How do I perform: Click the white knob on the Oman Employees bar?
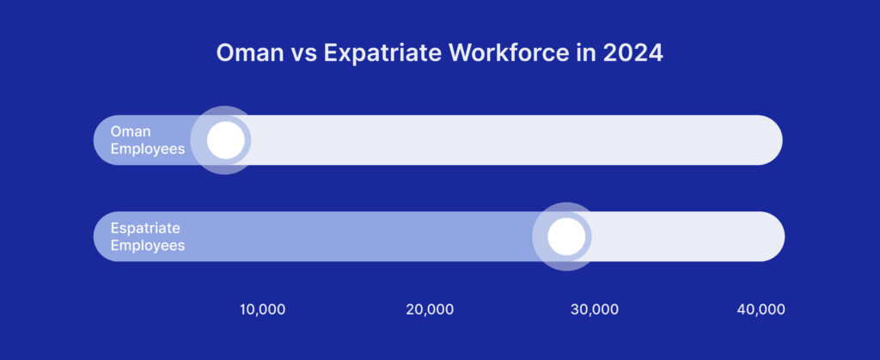pos(225,140)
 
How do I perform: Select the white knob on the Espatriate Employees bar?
pos(565,236)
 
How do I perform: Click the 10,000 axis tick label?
pos(262,309)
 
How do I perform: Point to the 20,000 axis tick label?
pos(430,309)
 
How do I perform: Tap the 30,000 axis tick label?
pos(594,309)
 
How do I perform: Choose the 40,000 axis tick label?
pos(761,309)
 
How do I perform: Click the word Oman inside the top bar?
pos(131,131)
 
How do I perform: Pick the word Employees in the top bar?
pos(148,149)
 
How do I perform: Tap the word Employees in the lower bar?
pos(148,245)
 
